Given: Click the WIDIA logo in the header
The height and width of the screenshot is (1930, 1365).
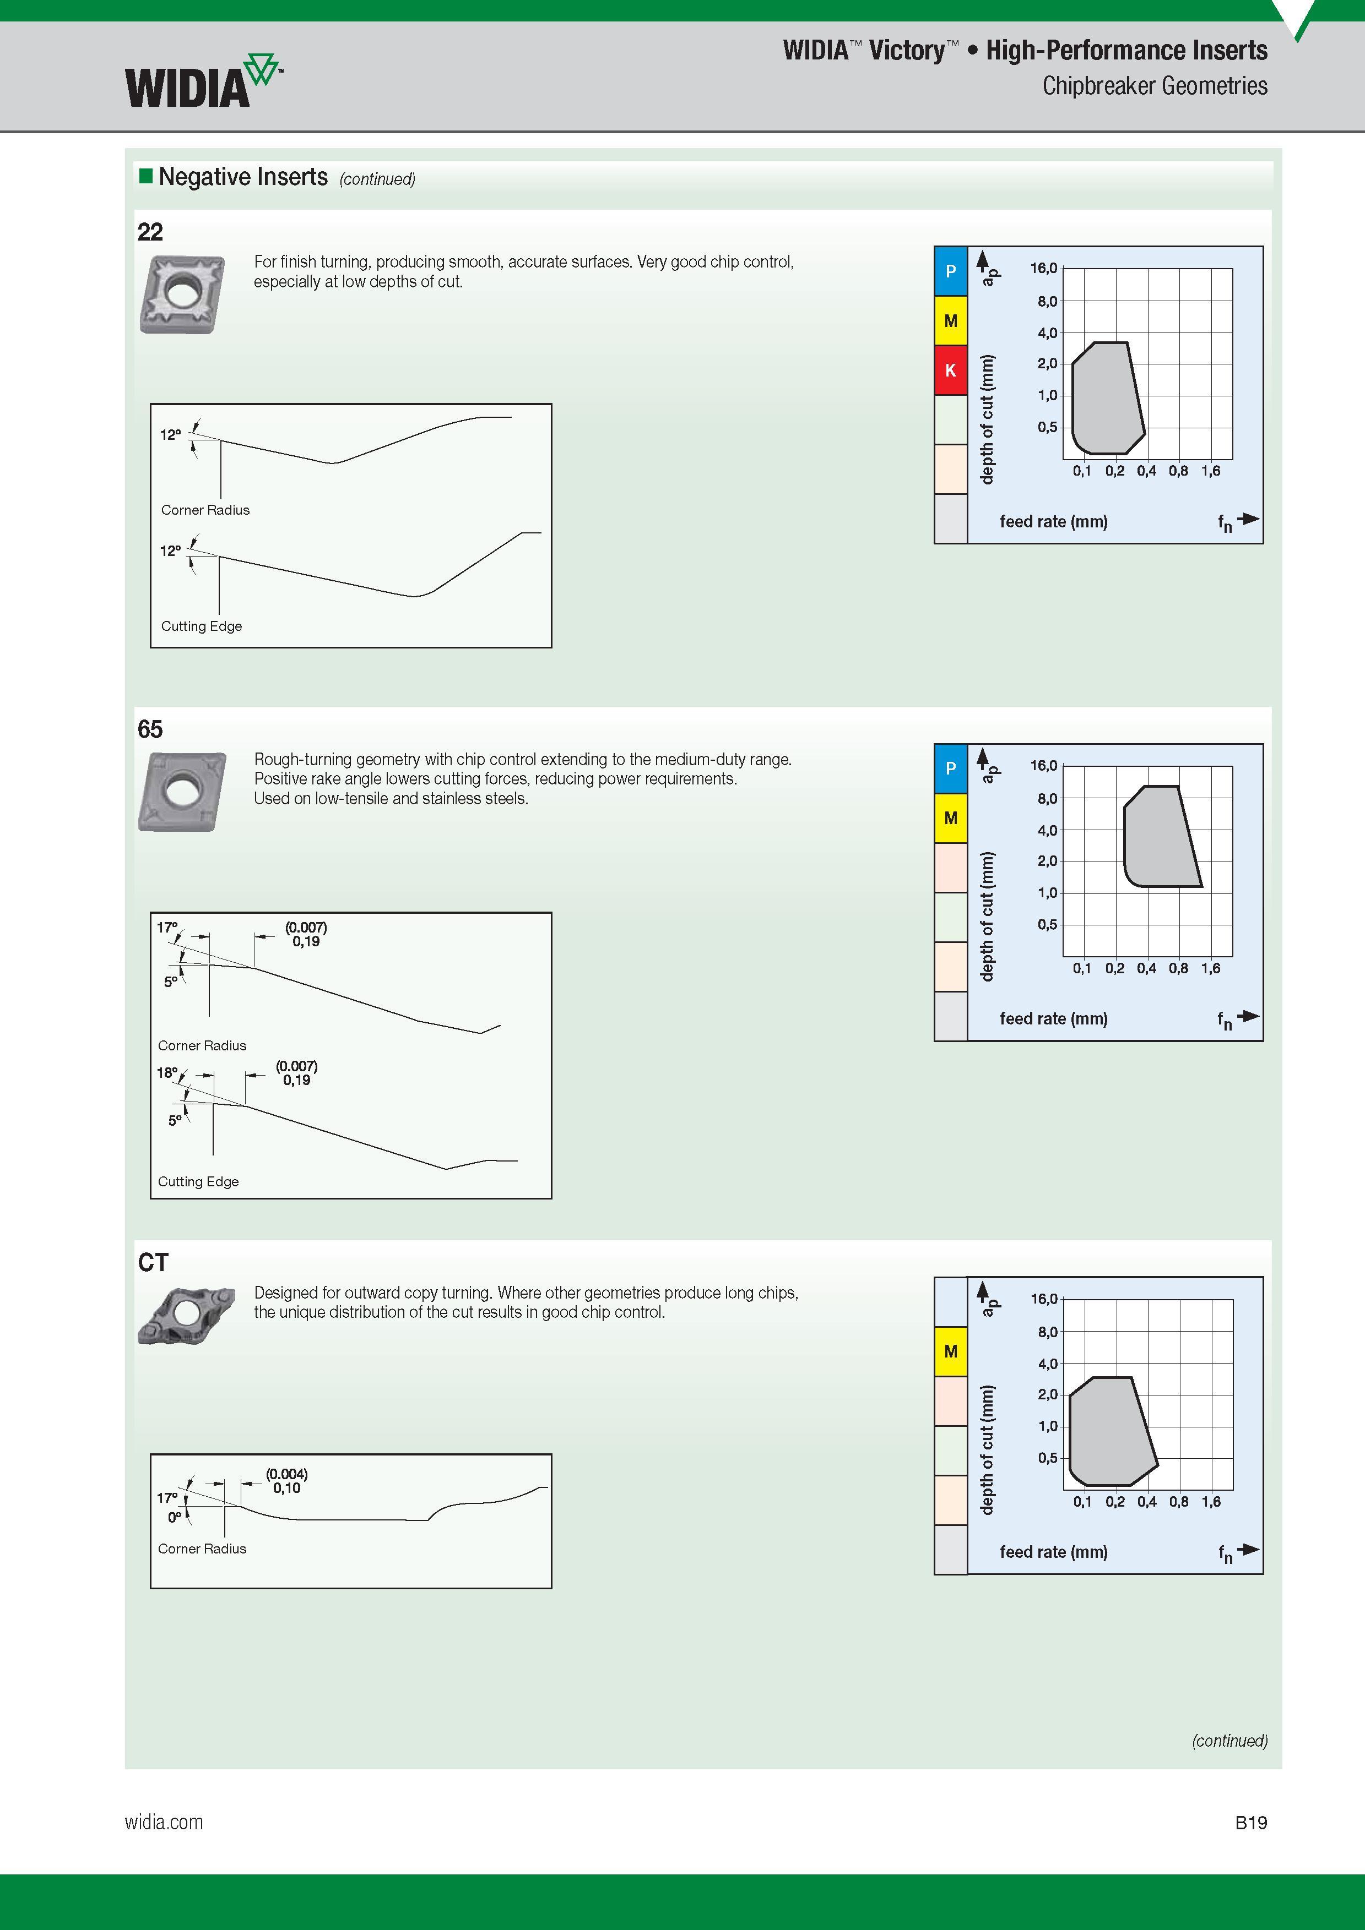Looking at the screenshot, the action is pyautogui.click(x=203, y=81).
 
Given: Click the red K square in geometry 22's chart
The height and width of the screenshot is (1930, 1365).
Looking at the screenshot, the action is pyautogui.click(x=950, y=370).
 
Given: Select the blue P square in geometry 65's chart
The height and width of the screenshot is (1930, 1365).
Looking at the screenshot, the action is pyautogui.click(x=950, y=768).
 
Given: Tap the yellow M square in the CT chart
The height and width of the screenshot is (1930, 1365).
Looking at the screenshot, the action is pyautogui.click(x=950, y=1351).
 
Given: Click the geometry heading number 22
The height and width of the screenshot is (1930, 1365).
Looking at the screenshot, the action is pyautogui.click(x=150, y=232).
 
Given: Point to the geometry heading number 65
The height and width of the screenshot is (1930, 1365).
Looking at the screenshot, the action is pyautogui.click(x=150, y=729).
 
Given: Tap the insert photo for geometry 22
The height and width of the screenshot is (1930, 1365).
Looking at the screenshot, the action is pyautogui.click(x=182, y=294).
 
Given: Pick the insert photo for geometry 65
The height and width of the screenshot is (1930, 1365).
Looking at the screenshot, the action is pyautogui.click(x=182, y=792).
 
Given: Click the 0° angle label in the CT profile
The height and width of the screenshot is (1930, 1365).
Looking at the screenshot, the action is pyautogui.click(x=174, y=1517).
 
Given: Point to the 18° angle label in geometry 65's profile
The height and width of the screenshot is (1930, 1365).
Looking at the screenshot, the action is pyautogui.click(x=166, y=1072).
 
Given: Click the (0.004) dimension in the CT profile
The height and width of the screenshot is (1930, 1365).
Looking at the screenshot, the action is pyautogui.click(x=287, y=1474).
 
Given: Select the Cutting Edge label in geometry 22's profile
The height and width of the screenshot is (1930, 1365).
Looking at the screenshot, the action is pyautogui.click(x=202, y=626).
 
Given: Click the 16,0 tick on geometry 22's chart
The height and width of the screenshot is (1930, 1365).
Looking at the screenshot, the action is pyautogui.click(x=1044, y=268).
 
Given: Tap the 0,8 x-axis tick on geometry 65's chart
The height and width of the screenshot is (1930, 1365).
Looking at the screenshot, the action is pyautogui.click(x=1178, y=968).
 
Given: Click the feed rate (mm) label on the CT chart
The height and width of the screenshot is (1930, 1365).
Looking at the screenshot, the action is pyautogui.click(x=1054, y=1552).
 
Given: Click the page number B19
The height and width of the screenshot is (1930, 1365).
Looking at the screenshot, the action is pyautogui.click(x=1250, y=1823).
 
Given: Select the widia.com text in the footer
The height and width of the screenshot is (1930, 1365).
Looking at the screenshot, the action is pyautogui.click(x=164, y=1823).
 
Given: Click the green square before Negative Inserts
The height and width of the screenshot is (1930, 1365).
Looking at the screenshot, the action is pyautogui.click(x=145, y=176).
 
